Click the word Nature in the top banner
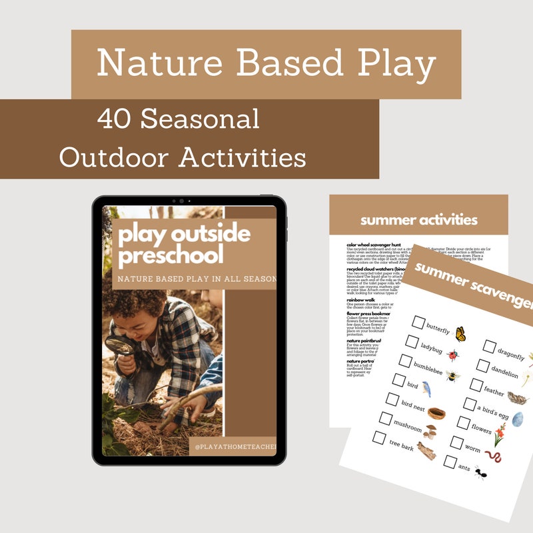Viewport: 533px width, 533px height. tap(159, 64)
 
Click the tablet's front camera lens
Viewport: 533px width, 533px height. tap(180, 201)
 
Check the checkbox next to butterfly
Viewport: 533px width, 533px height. tap(418, 322)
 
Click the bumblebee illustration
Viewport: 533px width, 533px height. tap(453, 376)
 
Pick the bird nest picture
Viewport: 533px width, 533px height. tap(436, 412)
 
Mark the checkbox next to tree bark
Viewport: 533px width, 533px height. tap(380, 438)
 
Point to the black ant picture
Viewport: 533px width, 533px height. tap(480, 474)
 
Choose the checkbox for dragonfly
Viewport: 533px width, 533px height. tap(490, 346)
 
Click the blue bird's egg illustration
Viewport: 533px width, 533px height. tap(517, 419)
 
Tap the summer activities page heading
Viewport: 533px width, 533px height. tap(418, 219)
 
